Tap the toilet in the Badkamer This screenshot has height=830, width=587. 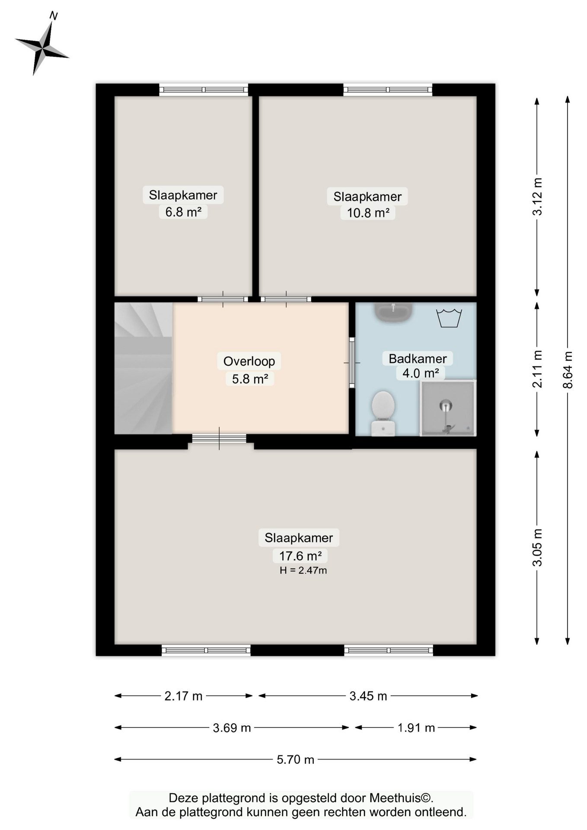(383, 412)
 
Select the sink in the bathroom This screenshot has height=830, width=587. (393, 312)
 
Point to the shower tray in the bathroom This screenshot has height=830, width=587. (448, 409)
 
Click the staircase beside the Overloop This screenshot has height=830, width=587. (143, 368)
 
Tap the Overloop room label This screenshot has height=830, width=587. (249, 361)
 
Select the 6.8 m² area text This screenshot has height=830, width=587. (183, 212)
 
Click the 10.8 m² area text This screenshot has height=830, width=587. (368, 213)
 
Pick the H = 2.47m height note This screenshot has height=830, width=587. (303, 571)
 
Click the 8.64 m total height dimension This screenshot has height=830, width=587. (568, 370)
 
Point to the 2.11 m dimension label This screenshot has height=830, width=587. (537, 369)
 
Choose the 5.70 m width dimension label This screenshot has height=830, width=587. (296, 760)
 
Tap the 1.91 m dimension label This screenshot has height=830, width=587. (416, 728)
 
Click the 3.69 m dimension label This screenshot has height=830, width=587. (232, 728)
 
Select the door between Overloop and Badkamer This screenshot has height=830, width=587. (352, 363)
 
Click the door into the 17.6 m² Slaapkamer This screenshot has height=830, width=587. (219, 438)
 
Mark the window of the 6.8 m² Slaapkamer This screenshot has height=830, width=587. (204, 90)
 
